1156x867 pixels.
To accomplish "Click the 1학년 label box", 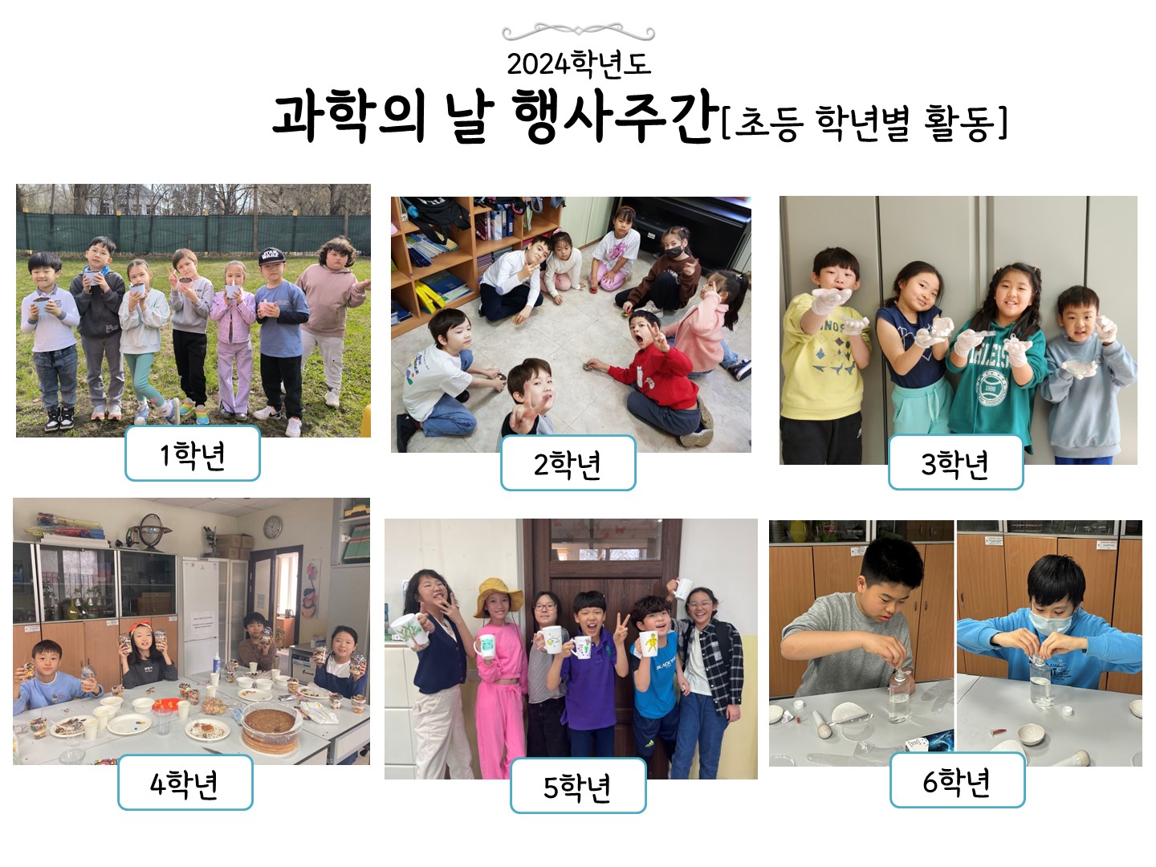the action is coord(192,454).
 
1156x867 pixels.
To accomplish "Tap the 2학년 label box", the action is coord(568,463).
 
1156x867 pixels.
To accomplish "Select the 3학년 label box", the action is coord(956,462).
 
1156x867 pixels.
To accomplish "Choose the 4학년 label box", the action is coord(185,782).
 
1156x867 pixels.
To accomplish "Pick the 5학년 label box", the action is coord(578,785).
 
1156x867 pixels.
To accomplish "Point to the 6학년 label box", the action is coord(958,779).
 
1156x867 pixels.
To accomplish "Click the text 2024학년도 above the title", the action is coord(578,64).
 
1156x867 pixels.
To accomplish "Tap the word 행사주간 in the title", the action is coord(616,116).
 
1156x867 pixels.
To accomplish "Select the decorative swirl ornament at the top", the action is coord(578,32).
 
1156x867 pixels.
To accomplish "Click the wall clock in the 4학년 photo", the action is coord(272,527).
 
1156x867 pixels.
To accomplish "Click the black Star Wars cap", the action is coord(272,256).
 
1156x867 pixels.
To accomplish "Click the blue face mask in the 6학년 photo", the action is coord(1051,621).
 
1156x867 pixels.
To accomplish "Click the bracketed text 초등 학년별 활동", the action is coord(864,123).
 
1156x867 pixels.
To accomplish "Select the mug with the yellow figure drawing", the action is coord(650,643).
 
